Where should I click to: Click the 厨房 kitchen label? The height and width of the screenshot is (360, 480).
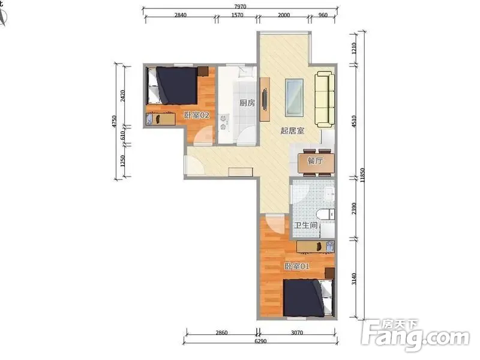[x=247, y=103]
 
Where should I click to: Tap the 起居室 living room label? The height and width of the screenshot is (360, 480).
[x=292, y=131]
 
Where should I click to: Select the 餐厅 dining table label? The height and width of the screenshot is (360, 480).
[x=315, y=160]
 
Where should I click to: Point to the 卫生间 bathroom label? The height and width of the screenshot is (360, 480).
[x=305, y=226]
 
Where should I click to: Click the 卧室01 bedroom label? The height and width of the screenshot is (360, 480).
[x=296, y=266]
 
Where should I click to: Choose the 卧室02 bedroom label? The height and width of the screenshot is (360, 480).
[x=197, y=115]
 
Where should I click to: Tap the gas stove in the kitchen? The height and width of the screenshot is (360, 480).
[x=223, y=122]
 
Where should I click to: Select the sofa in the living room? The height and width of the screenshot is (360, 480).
[x=325, y=99]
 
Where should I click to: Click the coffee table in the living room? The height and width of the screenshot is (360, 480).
[x=295, y=97]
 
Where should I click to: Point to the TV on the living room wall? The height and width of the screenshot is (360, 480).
[x=265, y=100]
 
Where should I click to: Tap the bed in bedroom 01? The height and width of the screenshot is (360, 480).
[x=308, y=298]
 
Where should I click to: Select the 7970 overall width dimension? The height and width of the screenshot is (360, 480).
[x=241, y=7]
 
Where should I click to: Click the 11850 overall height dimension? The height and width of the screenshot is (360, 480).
[x=363, y=175]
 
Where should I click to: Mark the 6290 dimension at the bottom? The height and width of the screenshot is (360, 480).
[x=260, y=341]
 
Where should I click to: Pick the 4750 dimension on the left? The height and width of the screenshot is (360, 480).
[x=114, y=122]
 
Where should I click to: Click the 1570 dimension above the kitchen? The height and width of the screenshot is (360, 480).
[x=237, y=14]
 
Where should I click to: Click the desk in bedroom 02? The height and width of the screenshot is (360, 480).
[x=160, y=119]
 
